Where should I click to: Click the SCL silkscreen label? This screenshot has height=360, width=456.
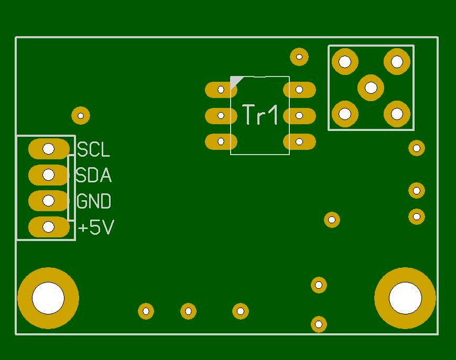click(x=94, y=150)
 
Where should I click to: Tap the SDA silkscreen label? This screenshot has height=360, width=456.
click(x=93, y=176)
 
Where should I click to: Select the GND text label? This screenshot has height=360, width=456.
click(x=94, y=201)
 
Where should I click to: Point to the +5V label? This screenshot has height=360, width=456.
click(x=96, y=227)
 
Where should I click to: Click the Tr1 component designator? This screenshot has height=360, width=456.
click(x=260, y=115)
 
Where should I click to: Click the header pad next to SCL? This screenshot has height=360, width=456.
click(x=48, y=149)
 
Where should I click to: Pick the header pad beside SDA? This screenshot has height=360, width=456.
click(x=48, y=174)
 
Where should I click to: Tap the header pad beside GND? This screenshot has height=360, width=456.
click(x=48, y=201)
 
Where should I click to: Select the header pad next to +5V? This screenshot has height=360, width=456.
click(x=48, y=227)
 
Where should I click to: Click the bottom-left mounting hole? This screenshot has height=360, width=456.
click(x=48, y=298)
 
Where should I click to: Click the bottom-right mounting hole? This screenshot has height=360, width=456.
click(x=405, y=298)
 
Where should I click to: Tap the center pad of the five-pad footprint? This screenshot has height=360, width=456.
click(x=371, y=88)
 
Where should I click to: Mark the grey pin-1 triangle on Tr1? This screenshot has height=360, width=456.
click(x=236, y=81)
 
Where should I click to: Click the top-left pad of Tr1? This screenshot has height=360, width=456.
click(x=221, y=90)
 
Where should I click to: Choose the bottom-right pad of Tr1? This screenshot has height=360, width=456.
click(x=299, y=141)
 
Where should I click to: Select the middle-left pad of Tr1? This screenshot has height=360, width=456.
click(x=221, y=115)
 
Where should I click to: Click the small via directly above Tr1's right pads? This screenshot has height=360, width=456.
click(x=299, y=57)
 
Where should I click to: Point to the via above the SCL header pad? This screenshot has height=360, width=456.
click(x=81, y=115)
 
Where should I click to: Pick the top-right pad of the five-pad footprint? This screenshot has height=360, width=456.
click(x=397, y=62)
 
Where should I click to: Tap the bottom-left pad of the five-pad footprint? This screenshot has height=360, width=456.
click(x=345, y=114)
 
